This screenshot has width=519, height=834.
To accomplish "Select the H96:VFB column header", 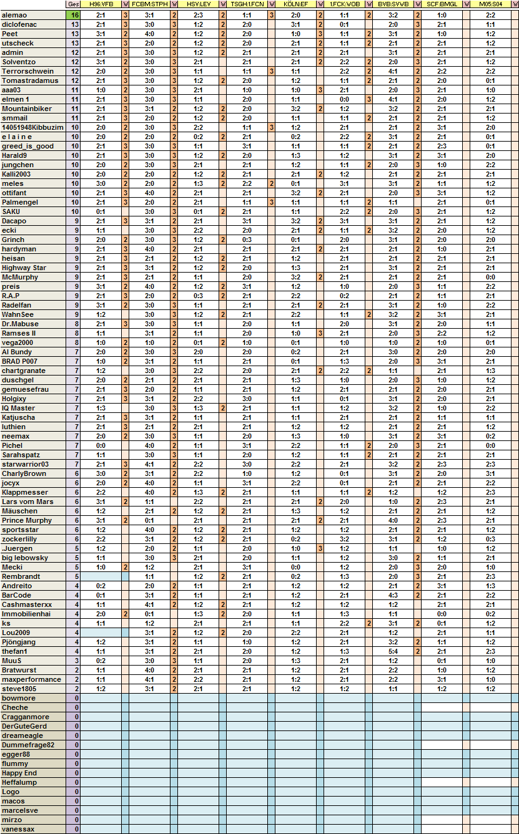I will [101, 4].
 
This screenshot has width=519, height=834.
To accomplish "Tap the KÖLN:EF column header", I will [295, 4].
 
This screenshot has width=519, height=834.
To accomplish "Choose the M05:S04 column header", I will [490, 4].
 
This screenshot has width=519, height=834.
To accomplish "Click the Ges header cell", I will [73, 4].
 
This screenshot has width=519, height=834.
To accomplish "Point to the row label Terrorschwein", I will [27, 71].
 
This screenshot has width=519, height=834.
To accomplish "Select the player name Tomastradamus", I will [30, 80].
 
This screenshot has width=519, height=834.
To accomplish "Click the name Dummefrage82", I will [28, 745].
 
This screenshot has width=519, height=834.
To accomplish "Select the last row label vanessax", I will [18, 829].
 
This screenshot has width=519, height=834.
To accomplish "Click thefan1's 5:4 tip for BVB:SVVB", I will [393, 651].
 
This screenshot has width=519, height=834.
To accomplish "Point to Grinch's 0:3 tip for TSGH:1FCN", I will [247, 240].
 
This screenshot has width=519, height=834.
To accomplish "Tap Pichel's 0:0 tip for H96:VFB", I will [101, 445].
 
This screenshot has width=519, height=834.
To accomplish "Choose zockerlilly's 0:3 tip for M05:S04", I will [490, 539].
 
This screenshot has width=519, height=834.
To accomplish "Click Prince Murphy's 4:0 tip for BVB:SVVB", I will [393, 520].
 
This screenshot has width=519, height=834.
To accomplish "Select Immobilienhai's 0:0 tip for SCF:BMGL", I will [442, 614].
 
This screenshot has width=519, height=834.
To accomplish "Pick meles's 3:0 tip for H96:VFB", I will [101, 183].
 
